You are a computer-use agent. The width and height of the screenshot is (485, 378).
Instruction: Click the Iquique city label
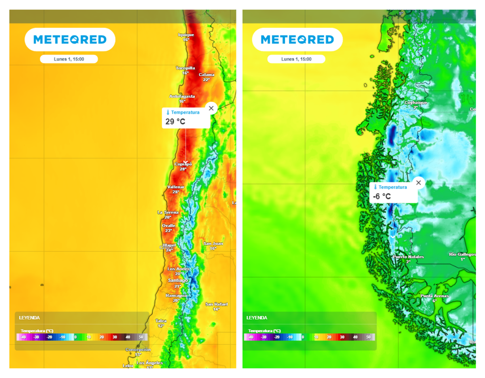point(186,35)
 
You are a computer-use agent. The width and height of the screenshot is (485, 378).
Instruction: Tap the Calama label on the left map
point(207,75)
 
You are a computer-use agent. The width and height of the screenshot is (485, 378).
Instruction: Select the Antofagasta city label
point(182,96)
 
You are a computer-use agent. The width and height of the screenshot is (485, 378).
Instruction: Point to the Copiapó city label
point(183,164)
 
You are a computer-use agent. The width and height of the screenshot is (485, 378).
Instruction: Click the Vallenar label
point(175,187)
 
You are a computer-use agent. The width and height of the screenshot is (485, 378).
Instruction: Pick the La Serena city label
point(168,212)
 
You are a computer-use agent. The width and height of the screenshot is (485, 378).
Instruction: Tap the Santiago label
point(178,280)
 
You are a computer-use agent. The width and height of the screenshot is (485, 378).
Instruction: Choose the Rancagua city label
point(176,295)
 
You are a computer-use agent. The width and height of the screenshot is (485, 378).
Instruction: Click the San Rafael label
point(216,304)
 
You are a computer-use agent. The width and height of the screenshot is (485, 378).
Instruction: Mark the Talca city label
point(161,321)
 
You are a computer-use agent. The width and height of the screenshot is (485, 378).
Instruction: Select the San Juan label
point(213,243)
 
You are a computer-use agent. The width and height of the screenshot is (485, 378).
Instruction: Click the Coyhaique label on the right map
point(415,103)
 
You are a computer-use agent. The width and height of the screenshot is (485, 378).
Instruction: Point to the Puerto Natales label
point(408,257)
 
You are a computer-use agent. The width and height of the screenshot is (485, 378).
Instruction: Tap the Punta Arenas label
point(434,296)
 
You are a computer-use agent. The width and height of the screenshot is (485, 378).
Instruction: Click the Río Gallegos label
point(462,254)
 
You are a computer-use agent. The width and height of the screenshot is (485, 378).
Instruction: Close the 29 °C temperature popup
point(211,108)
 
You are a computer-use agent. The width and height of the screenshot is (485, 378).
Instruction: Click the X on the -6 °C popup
point(418,183)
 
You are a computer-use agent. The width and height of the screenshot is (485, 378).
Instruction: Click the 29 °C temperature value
point(175,122)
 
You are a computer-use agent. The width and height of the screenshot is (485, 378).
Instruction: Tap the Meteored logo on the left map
point(70,40)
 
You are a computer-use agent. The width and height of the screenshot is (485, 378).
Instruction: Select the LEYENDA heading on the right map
point(257,318)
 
